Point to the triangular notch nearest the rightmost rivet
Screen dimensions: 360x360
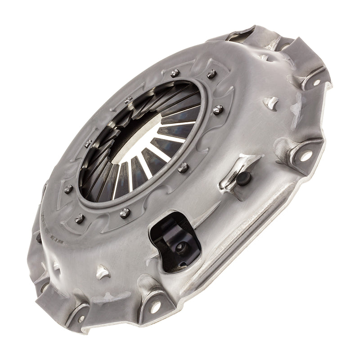click(272, 103)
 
